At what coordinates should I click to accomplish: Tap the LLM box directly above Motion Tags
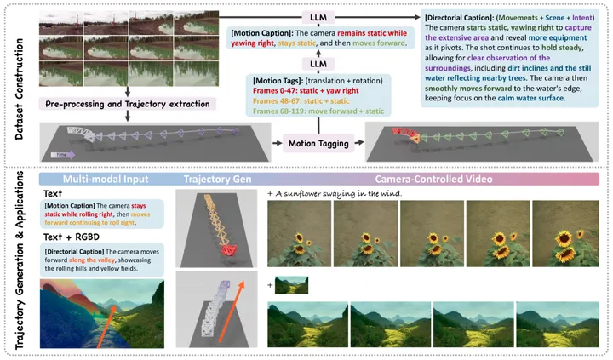pos(318,64)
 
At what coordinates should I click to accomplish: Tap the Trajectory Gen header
pos(217,180)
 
